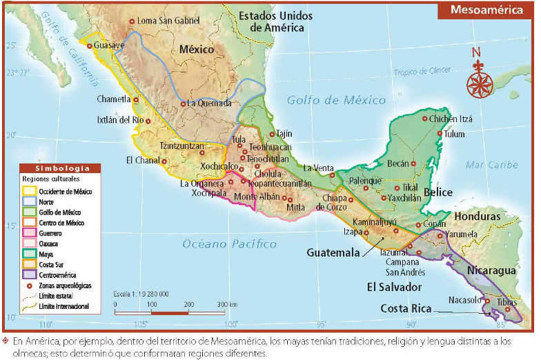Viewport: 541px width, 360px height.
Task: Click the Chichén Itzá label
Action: tap(451, 119)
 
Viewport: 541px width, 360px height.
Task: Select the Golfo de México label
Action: tap(337, 100)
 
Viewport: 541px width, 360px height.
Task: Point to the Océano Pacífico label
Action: tap(230, 244)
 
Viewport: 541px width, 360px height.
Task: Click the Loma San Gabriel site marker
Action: tap(132, 21)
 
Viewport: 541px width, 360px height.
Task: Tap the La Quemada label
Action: tap(209, 103)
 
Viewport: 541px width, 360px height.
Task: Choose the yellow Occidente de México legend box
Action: tap(29, 191)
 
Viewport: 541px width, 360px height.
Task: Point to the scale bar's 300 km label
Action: tap(227, 304)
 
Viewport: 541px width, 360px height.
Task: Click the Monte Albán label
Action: tap(256, 197)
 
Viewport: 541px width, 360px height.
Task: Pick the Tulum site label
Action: tap(454, 134)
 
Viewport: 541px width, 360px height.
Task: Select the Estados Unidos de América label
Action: tap(277, 21)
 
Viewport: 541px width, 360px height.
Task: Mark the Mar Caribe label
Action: tap(491, 165)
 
